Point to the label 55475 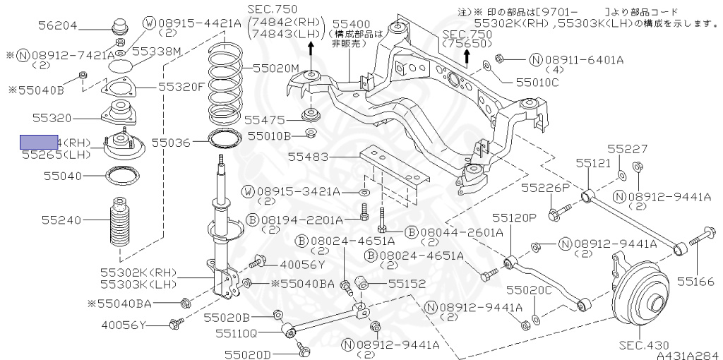click(265, 121)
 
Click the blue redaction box click(39, 142)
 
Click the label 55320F click(181, 87)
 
